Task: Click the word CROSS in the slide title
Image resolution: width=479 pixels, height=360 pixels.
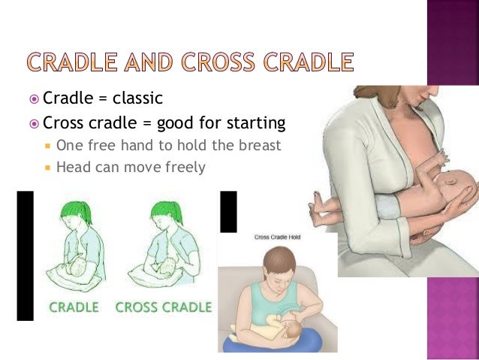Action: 227,62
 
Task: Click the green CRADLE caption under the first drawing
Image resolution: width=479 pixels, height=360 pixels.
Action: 74,307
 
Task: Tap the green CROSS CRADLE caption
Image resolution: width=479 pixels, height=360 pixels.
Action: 163,307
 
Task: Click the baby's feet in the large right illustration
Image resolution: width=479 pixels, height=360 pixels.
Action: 316,201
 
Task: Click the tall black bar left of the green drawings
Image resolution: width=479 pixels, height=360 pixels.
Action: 26,256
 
